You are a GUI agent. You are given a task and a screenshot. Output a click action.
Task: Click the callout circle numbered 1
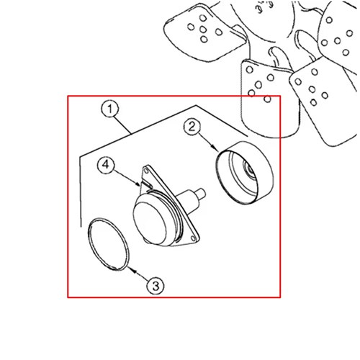[x=110, y=109]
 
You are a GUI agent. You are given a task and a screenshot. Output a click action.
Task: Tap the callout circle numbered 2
[x=192, y=127]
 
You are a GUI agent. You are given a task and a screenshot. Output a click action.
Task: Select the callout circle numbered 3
[x=156, y=286]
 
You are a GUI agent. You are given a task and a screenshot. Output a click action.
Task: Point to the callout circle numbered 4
[x=106, y=165]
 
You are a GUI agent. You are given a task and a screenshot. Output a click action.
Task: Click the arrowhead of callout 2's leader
[x=215, y=148]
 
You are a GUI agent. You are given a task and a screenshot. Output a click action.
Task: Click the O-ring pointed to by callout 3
[x=109, y=244]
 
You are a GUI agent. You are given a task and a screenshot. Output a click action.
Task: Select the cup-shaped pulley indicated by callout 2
[x=245, y=173]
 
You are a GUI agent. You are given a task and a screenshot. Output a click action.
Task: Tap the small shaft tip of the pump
[x=201, y=193]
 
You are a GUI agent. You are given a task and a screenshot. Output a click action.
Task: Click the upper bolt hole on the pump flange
[x=145, y=171]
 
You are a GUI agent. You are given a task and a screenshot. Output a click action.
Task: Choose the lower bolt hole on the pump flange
[x=193, y=238]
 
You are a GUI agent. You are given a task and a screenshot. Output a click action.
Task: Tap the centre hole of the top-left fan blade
[x=203, y=30]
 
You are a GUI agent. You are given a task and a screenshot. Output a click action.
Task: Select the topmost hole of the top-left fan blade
[x=203, y=18]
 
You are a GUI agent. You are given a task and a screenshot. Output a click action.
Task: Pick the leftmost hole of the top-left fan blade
[x=191, y=27]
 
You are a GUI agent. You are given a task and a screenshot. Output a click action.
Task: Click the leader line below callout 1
[x=122, y=125]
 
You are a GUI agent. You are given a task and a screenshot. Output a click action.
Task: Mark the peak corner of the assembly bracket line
[x=196, y=105]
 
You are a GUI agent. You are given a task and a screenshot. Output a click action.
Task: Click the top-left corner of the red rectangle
[x=68, y=96]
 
